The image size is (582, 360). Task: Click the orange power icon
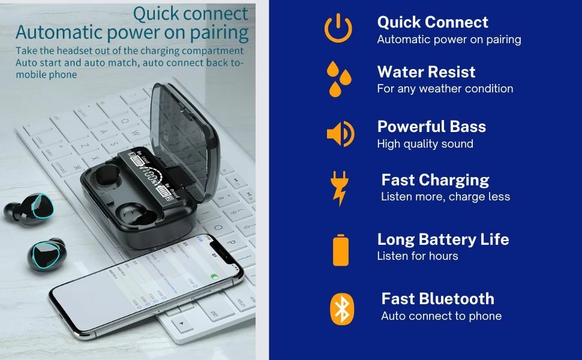[338, 28]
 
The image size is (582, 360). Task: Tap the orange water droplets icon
[339, 78]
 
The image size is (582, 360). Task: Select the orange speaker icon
[340, 133]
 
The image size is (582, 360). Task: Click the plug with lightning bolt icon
[339, 187]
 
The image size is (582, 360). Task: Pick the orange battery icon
[341, 249]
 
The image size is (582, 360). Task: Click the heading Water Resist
[426, 72]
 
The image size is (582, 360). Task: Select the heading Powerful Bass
[431, 127]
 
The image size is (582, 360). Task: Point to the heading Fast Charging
[435, 180]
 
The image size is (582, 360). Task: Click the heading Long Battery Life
[443, 239]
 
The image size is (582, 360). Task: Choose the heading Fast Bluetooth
[437, 299]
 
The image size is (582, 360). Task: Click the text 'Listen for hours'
[417, 256]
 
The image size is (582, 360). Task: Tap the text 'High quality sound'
[425, 144]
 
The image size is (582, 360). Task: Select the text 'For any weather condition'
[445, 89]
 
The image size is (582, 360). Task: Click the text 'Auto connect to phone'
[441, 316]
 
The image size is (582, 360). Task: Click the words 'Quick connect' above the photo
[190, 13]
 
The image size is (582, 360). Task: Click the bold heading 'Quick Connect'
[433, 22]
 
